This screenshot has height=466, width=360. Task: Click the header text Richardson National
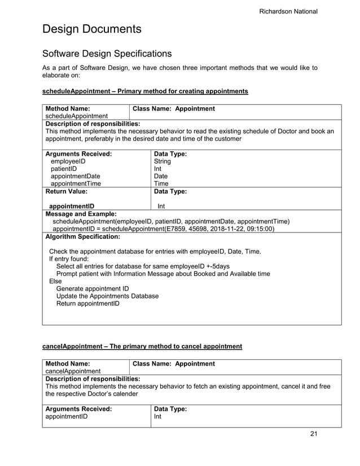(288, 11)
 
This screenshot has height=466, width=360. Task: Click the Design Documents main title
(92, 29)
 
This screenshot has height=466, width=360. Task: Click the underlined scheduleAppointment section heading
(145, 91)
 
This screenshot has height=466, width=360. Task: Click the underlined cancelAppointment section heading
(142, 346)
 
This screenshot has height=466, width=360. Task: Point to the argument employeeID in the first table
(69, 161)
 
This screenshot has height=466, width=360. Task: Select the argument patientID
(64, 169)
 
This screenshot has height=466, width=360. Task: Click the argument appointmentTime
(76, 183)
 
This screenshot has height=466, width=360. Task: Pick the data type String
(163, 161)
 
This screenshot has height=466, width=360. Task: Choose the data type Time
(161, 183)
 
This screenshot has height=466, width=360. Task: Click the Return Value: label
(66, 191)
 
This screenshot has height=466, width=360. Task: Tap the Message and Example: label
(81, 214)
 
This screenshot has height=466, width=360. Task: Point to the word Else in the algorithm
(55, 281)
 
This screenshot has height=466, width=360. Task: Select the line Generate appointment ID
(93, 289)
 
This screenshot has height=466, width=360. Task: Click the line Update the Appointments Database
(107, 296)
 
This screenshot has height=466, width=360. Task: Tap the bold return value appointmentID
(72, 206)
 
